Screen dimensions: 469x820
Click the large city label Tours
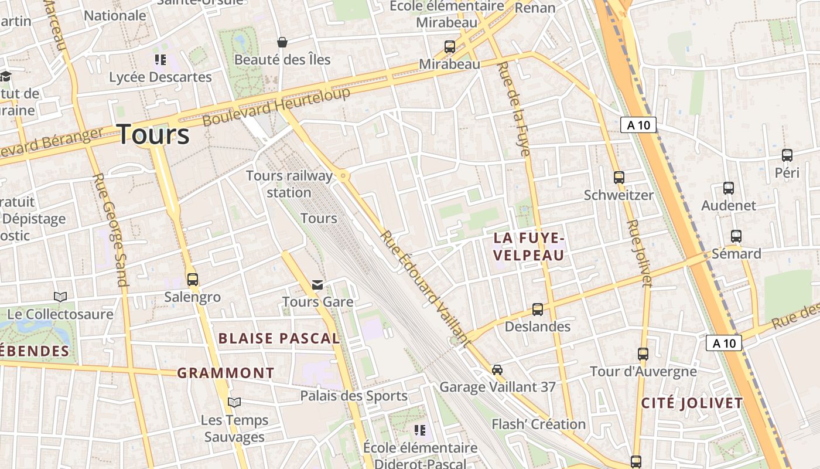tap(153, 135)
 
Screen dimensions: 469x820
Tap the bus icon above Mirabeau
tap(450, 47)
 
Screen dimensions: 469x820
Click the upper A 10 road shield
tap(638, 125)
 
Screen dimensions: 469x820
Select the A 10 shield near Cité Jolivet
tap(724, 343)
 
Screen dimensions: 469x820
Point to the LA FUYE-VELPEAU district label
tap(529, 246)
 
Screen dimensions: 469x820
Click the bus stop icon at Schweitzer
tap(619, 177)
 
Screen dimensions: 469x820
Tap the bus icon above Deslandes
tap(538, 309)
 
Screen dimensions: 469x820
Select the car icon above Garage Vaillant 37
tap(497, 369)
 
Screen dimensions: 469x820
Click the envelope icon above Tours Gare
tap(317, 285)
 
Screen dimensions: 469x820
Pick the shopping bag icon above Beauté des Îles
tap(282, 42)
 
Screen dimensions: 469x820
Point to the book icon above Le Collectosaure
tap(60, 297)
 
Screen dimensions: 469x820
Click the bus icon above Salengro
tap(193, 280)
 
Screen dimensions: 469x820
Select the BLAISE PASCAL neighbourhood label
tap(279, 338)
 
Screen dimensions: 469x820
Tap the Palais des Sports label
tap(354, 396)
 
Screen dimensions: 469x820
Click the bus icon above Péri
tap(787, 155)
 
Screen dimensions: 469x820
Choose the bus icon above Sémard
tap(736, 236)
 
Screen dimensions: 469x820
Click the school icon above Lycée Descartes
tap(160, 60)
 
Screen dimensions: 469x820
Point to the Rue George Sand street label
tap(111, 230)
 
